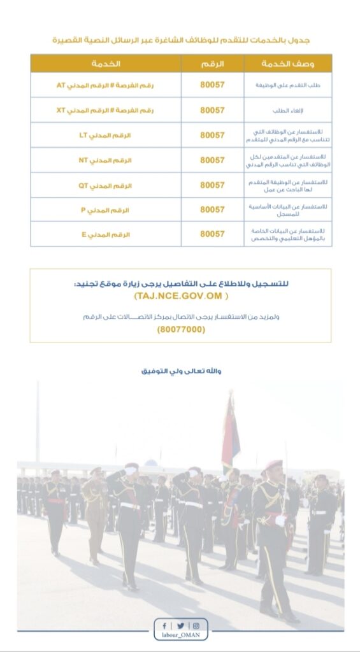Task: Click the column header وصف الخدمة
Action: pyautogui.click(x=287, y=64)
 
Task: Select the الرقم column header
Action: pyautogui.click(x=212, y=64)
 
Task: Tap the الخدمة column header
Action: pyautogui.click(x=106, y=64)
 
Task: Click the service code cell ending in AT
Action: pyautogui.click(x=106, y=85)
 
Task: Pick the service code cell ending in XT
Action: pyautogui.click(x=106, y=110)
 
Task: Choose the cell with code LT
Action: pyautogui.click(x=106, y=135)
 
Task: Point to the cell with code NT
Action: pyautogui.click(x=106, y=160)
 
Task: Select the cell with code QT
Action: pyautogui.click(x=106, y=185)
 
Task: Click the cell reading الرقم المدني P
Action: pyautogui.click(x=106, y=209)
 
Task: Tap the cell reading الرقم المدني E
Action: pyautogui.click(x=106, y=234)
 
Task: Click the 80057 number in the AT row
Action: pyautogui.click(x=212, y=85)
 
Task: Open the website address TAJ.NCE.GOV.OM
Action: pyautogui.click(x=180, y=297)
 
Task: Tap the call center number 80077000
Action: pyautogui.click(x=180, y=330)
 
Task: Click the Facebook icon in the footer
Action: pyautogui.click(x=165, y=626)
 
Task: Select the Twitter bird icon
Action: pyautogui.click(x=180, y=626)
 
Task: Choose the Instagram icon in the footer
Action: pyautogui.click(x=196, y=626)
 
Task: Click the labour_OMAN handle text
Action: pyautogui.click(x=180, y=637)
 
